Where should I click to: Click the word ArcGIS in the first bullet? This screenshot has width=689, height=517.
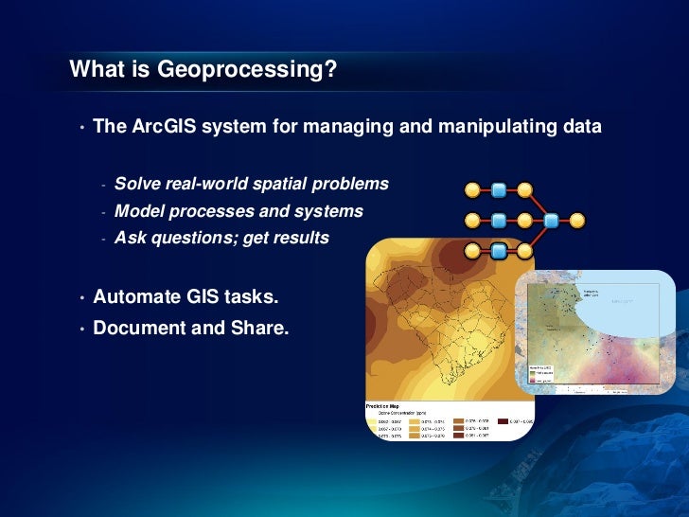tap(162, 127)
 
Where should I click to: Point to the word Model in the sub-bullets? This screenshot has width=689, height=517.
tap(138, 211)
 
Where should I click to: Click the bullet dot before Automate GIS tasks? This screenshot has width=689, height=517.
tap(82, 299)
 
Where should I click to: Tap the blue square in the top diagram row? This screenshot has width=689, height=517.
tap(499, 190)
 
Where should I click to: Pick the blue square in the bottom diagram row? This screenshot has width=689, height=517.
tap(499, 251)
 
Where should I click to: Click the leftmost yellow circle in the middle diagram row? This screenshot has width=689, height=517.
tap(471, 221)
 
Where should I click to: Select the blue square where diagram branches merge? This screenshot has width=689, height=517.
tap(551, 221)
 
